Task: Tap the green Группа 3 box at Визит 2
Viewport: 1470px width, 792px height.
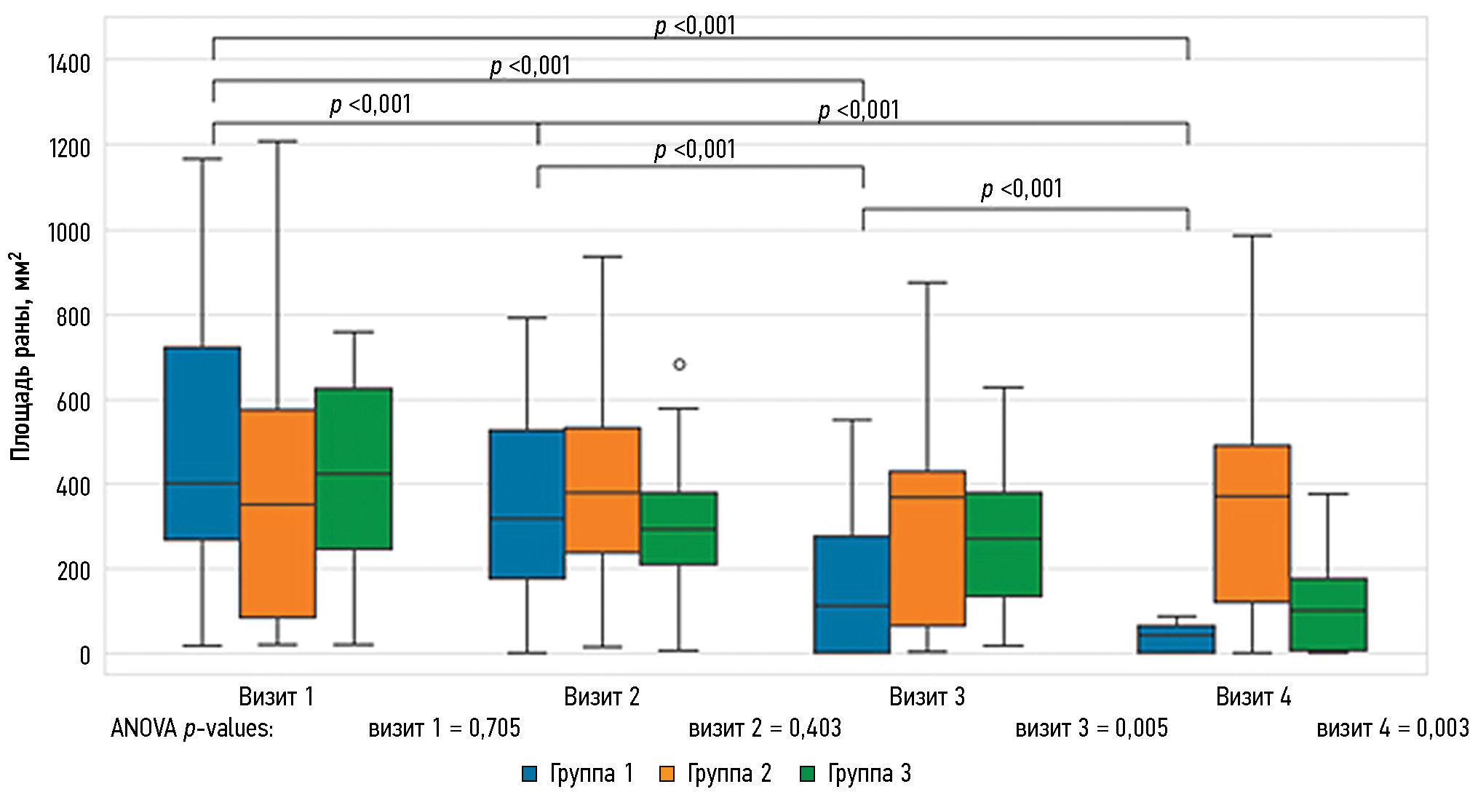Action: (679, 528)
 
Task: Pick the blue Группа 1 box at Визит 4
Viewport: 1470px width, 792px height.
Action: (1176, 639)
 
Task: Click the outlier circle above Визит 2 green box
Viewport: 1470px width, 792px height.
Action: (679, 364)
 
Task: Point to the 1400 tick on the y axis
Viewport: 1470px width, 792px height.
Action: (69, 64)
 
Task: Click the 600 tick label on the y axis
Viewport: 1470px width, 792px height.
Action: (73, 402)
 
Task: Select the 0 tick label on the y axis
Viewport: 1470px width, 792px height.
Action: (84, 655)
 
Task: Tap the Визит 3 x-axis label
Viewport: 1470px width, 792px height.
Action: (927, 697)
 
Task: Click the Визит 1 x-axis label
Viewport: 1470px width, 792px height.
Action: (277, 697)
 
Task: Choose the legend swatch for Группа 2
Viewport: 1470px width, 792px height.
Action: (667, 774)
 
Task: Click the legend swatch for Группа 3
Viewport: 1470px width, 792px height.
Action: (807, 774)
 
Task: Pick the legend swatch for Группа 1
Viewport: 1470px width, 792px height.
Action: (530, 774)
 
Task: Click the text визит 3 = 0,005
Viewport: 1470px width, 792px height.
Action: (1091, 728)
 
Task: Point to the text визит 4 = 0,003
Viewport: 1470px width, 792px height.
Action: (1392, 728)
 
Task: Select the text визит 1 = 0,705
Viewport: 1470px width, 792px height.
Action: (444, 728)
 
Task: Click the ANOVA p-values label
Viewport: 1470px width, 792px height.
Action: (192, 728)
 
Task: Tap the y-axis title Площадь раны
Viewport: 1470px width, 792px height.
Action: (20, 357)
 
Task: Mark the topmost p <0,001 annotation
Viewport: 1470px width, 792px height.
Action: (695, 26)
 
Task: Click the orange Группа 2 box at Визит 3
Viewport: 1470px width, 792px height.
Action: (927, 547)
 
